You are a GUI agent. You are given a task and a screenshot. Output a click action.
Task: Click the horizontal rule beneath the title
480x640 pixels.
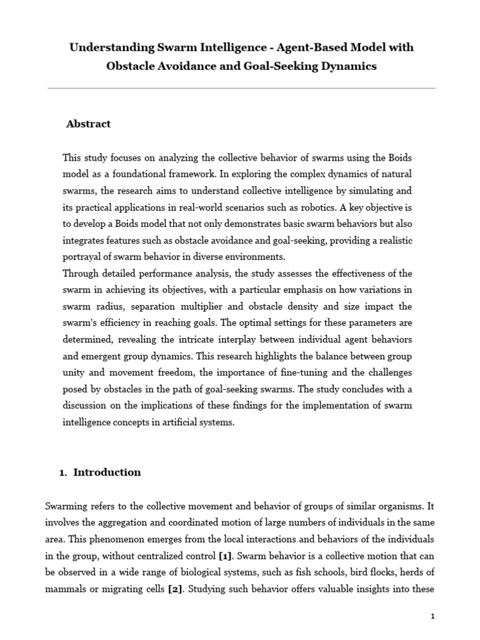click(x=241, y=88)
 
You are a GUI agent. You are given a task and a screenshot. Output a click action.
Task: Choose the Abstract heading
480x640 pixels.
click(x=88, y=124)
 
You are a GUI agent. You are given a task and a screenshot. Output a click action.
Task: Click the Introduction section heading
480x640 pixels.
click(x=107, y=472)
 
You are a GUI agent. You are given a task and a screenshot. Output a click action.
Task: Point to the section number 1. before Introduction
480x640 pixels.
click(x=62, y=472)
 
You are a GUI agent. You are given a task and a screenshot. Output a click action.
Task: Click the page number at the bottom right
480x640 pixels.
click(x=432, y=617)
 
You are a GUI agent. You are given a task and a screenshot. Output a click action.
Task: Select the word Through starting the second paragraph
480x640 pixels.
click(x=79, y=272)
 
